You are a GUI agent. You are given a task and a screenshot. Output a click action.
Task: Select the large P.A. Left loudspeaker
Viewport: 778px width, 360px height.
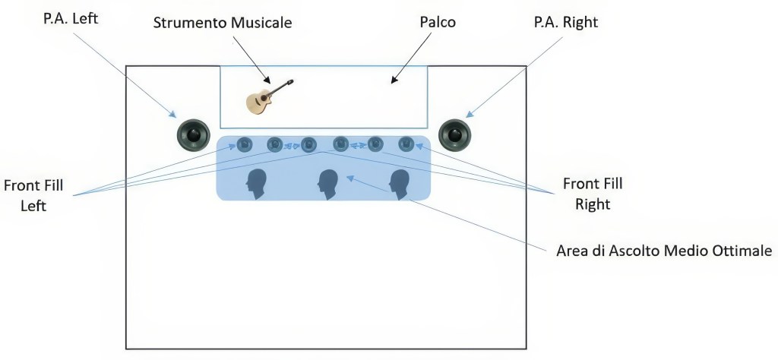tap(193, 136)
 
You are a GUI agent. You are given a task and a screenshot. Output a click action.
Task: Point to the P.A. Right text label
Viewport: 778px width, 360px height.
tap(565, 22)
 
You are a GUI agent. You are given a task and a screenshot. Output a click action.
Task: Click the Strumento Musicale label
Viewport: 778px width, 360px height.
tap(223, 22)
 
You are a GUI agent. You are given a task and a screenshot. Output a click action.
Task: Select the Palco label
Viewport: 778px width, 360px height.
tap(438, 22)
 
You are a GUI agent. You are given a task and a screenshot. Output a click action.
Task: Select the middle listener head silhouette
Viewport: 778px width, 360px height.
tap(327, 184)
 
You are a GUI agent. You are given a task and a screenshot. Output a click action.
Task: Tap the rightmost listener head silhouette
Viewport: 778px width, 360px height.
tap(400, 184)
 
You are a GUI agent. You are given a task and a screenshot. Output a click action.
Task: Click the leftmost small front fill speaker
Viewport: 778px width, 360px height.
tap(245, 144)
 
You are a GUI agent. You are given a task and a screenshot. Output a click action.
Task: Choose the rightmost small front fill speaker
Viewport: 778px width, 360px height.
tap(406, 143)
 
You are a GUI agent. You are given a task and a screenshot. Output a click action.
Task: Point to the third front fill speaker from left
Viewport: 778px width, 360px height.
tap(308, 144)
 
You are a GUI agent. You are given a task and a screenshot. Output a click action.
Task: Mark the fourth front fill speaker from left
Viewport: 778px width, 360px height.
tap(340, 143)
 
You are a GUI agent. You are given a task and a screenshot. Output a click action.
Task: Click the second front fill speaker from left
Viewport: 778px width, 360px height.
tap(274, 144)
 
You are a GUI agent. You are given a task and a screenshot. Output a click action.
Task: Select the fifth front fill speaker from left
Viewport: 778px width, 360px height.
tap(375, 144)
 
